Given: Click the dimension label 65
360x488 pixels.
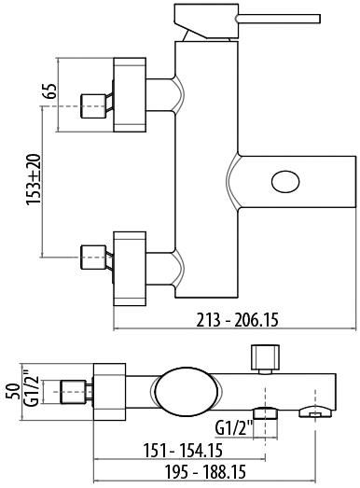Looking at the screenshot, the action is point(51,91).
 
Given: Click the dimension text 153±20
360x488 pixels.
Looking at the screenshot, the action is point(34,179).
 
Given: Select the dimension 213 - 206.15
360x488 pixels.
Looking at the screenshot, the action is point(237,320).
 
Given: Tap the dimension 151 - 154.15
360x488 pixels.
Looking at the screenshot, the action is point(183,450).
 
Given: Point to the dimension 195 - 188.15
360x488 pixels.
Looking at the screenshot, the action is point(205,472).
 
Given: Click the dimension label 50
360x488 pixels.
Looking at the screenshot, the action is point(13,392).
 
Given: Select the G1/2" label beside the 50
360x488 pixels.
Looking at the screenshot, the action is point(31,387).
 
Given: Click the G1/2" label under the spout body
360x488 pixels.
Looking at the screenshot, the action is point(234,429).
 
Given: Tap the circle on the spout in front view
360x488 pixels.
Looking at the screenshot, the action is point(285,182).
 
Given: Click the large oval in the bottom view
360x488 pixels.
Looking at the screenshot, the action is point(187,392).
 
